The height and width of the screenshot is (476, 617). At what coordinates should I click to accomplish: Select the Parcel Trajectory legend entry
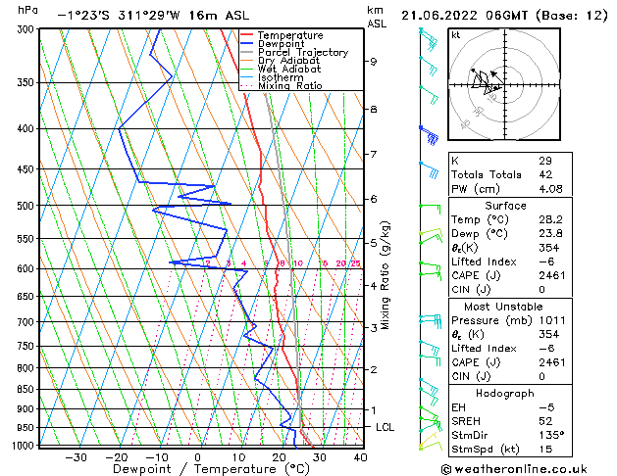point(303,52)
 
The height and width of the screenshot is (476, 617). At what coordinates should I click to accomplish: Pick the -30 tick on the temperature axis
point(76,457)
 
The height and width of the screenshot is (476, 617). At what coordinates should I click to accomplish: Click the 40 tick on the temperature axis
point(360,457)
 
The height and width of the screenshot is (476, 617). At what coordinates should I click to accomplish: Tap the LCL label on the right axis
point(386,428)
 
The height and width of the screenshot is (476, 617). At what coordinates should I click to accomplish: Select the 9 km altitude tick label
point(374,62)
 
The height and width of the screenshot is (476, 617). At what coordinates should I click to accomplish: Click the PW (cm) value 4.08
point(550,189)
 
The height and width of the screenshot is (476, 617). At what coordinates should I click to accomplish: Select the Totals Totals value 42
point(545,174)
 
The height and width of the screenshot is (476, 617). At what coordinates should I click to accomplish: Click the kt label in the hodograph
point(456,34)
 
